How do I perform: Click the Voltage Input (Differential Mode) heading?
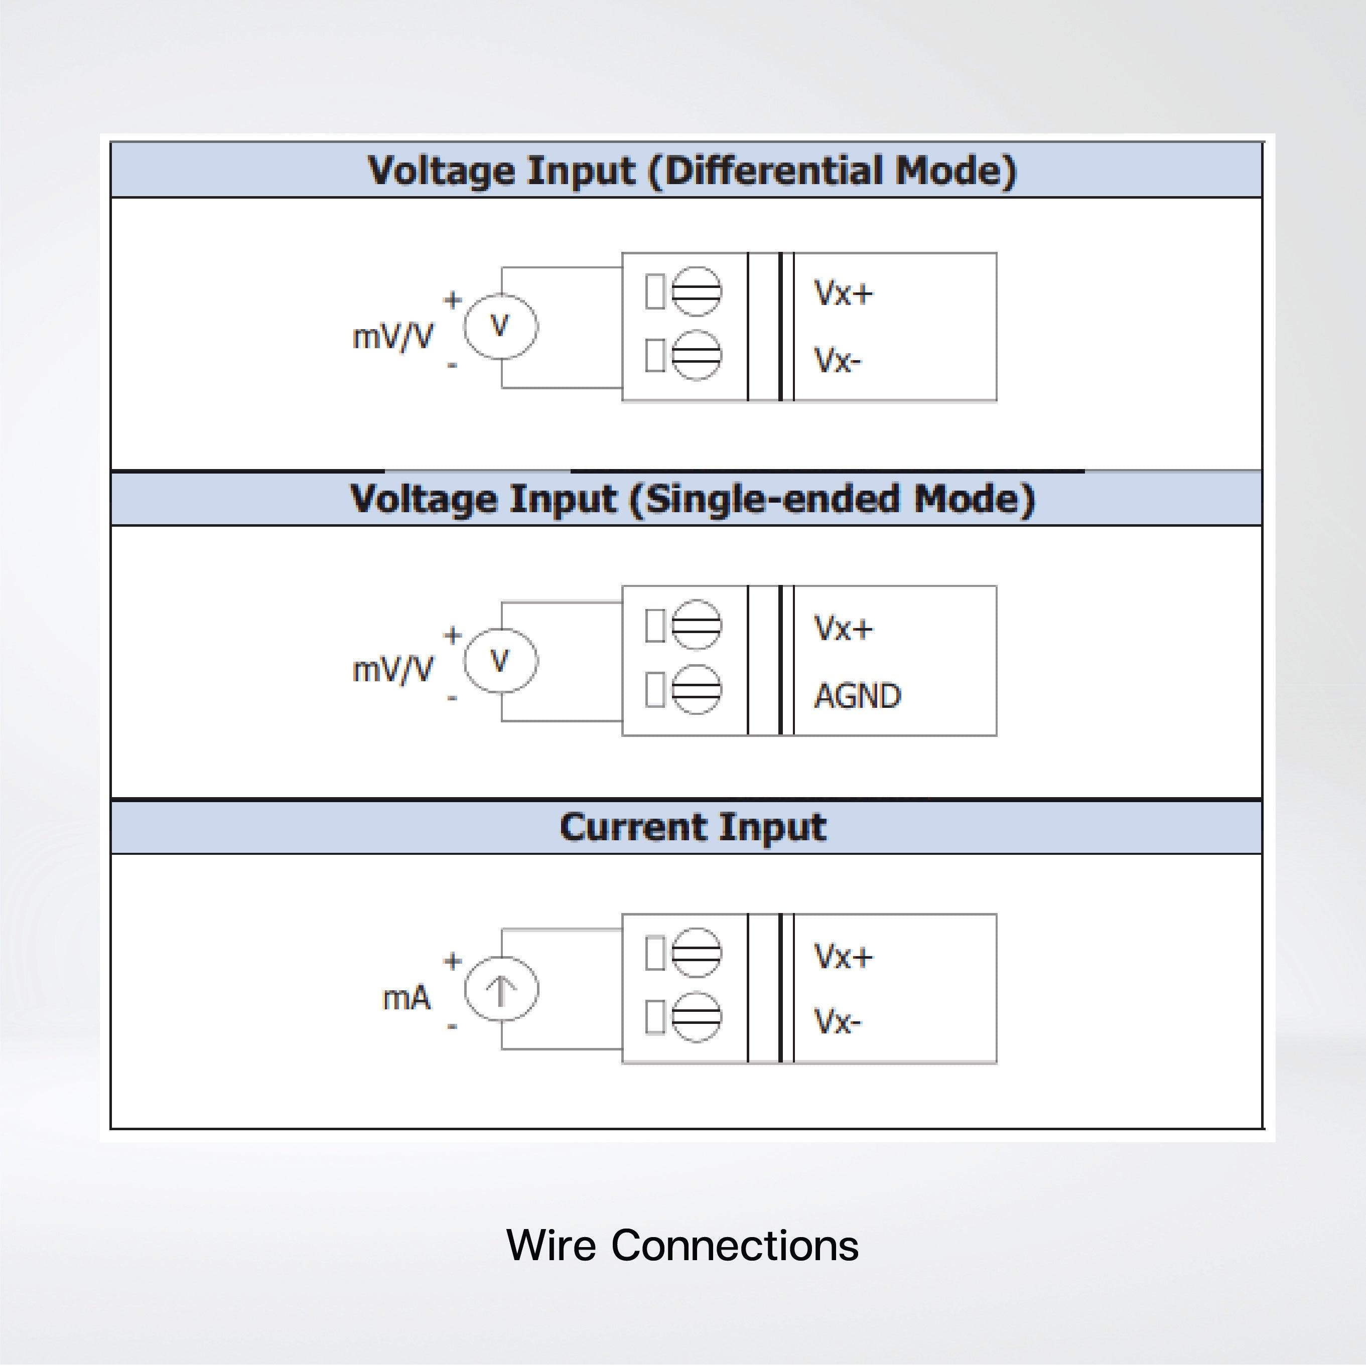692,171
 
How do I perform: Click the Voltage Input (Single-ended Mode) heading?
692,499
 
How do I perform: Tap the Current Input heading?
692,827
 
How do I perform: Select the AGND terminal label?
857,696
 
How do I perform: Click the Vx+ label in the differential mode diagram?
843,293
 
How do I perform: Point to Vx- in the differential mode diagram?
838,360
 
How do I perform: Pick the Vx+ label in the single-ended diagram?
843,628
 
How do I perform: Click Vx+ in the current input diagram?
843,957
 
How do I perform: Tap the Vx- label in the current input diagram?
838,1022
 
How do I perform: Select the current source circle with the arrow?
501,988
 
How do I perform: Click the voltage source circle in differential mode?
501,327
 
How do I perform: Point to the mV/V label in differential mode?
392,337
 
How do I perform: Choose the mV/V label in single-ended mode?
392,669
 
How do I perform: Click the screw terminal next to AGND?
696,689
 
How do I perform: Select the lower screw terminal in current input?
696,1017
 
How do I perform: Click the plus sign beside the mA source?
453,961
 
